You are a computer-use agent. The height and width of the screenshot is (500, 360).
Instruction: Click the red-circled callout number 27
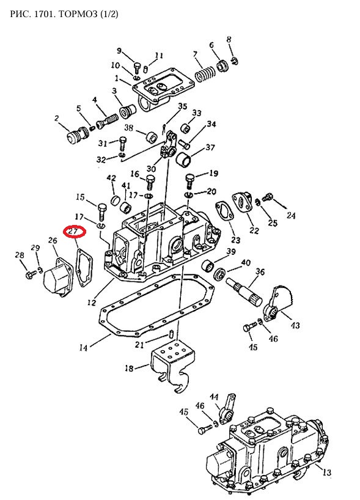(74, 232)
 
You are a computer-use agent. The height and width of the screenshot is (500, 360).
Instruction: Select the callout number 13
(326, 472)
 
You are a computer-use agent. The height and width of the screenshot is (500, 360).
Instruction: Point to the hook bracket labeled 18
(173, 364)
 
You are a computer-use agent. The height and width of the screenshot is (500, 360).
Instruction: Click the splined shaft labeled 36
(244, 291)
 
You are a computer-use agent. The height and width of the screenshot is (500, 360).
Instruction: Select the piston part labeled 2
(77, 136)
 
